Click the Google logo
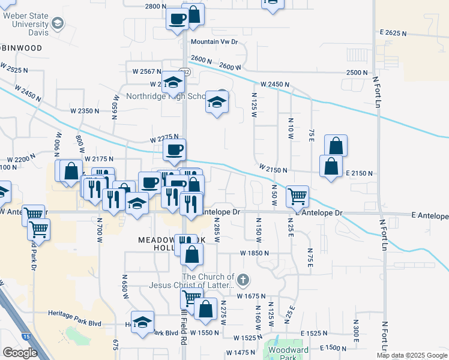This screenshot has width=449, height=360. click(20, 353)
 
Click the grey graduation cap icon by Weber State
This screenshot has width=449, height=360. click(58, 23)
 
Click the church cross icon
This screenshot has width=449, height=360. click(243, 280)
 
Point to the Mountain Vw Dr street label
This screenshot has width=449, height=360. click(214, 42)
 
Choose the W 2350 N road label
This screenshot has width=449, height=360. click(85, 111)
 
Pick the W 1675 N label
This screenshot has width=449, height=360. click(252, 296)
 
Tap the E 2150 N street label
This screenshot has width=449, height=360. click(360, 173)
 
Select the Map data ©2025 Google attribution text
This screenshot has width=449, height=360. click(412, 355)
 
